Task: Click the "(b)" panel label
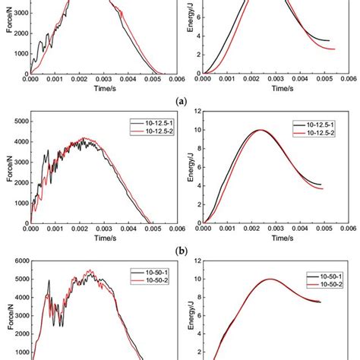179,248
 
